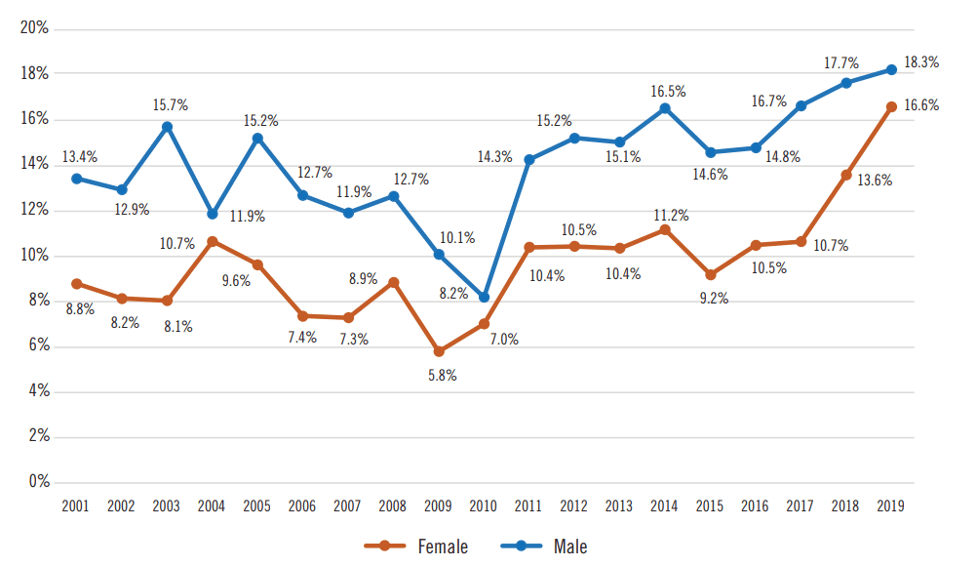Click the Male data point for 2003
click(x=167, y=127)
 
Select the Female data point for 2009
click(x=439, y=351)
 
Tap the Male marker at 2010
click(x=484, y=297)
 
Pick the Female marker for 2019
click(x=891, y=107)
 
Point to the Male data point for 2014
click(x=665, y=108)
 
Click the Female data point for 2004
click(x=212, y=240)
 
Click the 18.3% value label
click(x=921, y=61)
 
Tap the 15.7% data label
click(x=170, y=104)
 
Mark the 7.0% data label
click(x=504, y=340)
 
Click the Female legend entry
click(x=415, y=546)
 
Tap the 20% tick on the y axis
click(x=35, y=28)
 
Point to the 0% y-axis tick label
click(x=39, y=481)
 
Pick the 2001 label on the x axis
click(x=76, y=506)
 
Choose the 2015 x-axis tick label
click(x=710, y=506)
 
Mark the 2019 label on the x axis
click(x=891, y=506)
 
